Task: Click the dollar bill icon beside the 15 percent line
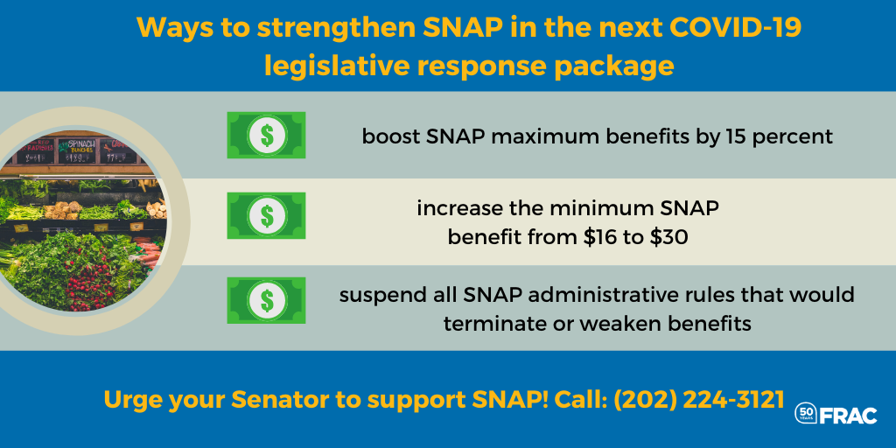click(266, 135)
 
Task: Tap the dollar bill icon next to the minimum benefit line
click(266, 215)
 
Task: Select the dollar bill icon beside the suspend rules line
click(266, 300)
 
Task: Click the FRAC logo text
click(849, 416)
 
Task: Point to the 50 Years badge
click(806, 414)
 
